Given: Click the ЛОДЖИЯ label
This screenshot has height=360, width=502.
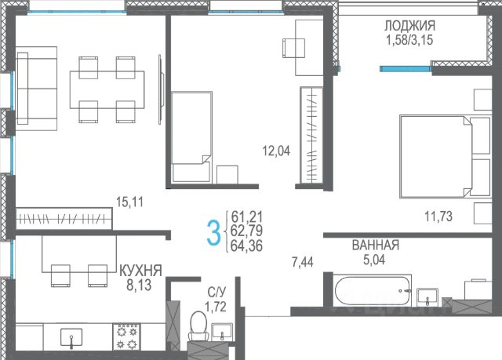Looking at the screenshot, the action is (x=409, y=25).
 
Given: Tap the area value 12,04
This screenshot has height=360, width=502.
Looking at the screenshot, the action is (x=276, y=151).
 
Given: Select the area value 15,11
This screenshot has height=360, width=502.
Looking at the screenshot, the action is (x=129, y=202).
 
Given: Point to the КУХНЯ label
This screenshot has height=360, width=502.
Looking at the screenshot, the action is (x=140, y=271).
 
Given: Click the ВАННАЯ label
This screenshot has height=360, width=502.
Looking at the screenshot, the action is (x=376, y=245).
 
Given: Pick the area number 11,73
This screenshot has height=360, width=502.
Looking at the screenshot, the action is (x=438, y=216).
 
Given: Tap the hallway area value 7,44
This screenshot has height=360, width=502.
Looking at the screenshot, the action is (x=303, y=263).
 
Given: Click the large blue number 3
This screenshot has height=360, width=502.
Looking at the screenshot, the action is (x=214, y=233).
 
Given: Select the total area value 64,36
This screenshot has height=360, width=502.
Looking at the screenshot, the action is (x=247, y=245).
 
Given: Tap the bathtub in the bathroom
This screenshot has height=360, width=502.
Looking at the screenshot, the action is (x=373, y=291).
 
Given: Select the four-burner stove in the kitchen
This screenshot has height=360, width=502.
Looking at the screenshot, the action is (x=126, y=336).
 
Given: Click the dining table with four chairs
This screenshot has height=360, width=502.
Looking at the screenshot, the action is (x=107, y=89).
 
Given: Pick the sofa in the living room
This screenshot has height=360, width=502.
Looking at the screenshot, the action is (x=36, y=89).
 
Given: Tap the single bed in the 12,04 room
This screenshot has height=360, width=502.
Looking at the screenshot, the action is (x=191, y=137).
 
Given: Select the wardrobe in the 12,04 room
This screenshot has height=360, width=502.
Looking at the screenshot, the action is (x=311, y=135).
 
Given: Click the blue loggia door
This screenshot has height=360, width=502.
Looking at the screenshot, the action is (x=406, y=68).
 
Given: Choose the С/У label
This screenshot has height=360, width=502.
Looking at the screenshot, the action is (x=216, y=292).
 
